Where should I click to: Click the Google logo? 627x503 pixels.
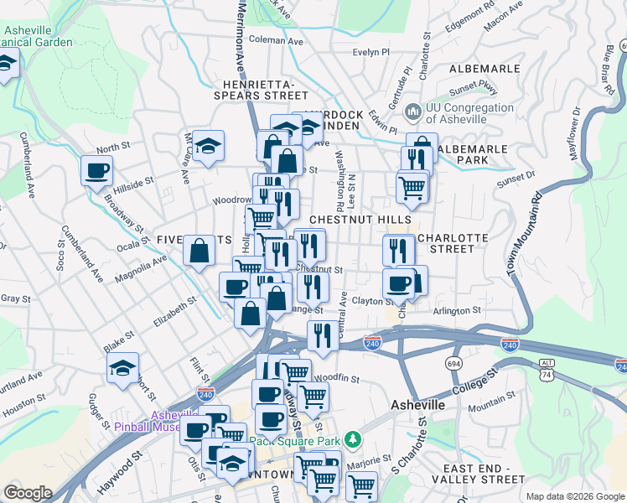coord(28,493)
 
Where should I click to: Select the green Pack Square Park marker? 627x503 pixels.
coord(354,439)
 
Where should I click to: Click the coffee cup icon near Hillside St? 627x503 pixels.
coord(96,171)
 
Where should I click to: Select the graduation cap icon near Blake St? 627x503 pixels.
coord(122,368)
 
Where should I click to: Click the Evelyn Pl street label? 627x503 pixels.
coord(371,52)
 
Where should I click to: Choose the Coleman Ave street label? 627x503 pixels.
coord(276,39)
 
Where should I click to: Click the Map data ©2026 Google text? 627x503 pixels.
coord(574,496)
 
